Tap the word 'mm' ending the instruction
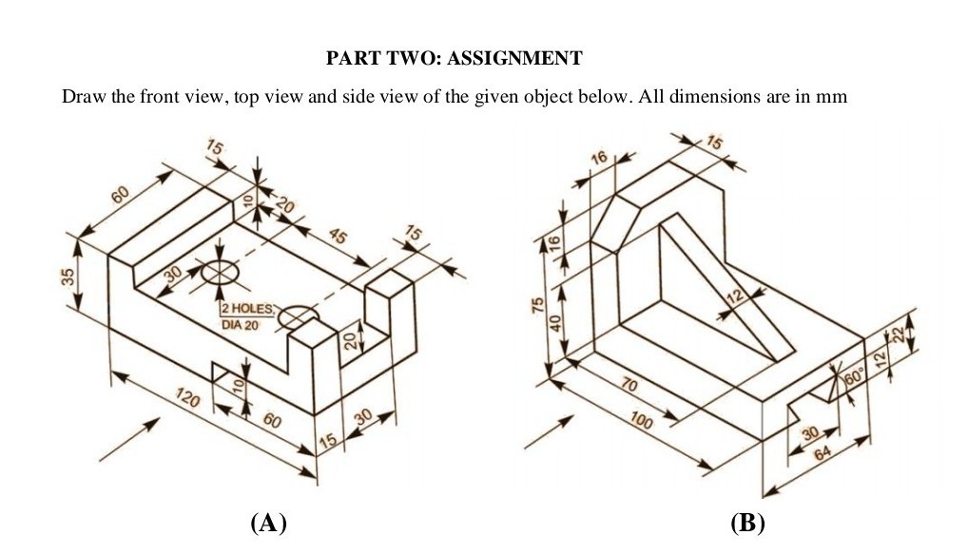[832, 97]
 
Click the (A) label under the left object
[268, 523]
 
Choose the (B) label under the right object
[747, 523]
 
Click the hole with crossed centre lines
[221, 271]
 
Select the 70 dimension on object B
[629, 384]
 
